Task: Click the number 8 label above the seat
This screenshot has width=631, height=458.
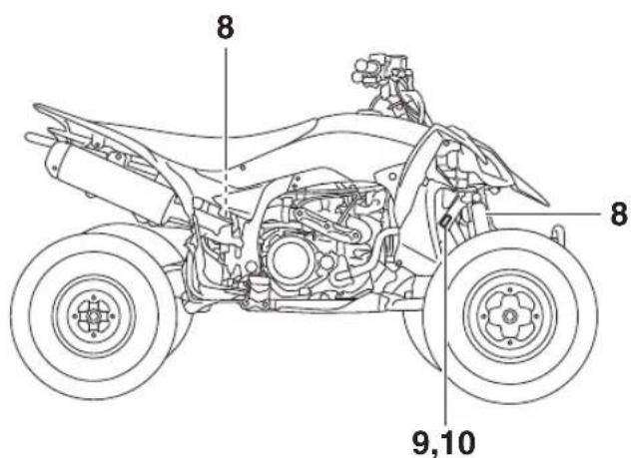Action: point(225,28)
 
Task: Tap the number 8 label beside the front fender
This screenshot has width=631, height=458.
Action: point(619,214)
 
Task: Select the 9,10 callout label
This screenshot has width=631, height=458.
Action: point(444,442)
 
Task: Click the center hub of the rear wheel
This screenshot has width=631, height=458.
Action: point(94,316)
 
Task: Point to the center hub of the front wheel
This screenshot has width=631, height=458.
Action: point(509,315)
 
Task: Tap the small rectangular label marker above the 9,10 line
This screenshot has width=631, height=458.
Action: point(446,221)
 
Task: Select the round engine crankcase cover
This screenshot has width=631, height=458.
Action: point(289,258)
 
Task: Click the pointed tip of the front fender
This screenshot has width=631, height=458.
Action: point(546,205)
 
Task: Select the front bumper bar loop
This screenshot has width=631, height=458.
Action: point(558,236)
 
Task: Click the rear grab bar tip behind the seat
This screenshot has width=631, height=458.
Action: point(38,108)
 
